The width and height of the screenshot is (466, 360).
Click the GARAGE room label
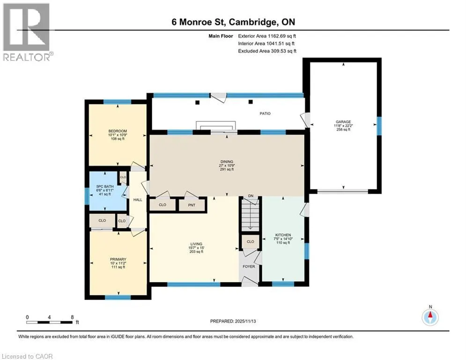point(343,122)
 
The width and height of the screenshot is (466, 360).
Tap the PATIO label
point(265,113)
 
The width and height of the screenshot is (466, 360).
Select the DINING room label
point(227,162)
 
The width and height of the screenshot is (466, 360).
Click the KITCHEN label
point(283,235)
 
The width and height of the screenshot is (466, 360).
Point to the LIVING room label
point(196,244)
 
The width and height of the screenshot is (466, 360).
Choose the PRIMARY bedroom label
point(118,259)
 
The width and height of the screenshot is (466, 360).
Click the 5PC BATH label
point(105,187)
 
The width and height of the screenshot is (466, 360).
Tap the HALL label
point(138,200)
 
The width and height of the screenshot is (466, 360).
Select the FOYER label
point(249,266)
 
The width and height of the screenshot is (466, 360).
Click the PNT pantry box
point(192,205)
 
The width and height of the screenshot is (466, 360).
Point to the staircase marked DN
point(250,214)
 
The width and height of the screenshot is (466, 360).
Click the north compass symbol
point(430,316)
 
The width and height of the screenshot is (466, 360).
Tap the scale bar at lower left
point(49,322)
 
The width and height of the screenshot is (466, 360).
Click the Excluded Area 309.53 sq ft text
point(267,51)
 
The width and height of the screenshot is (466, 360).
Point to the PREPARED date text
point(233,321)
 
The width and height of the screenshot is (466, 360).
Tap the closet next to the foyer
point(250,241)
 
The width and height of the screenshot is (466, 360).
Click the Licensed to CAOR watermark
point(27,356)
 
